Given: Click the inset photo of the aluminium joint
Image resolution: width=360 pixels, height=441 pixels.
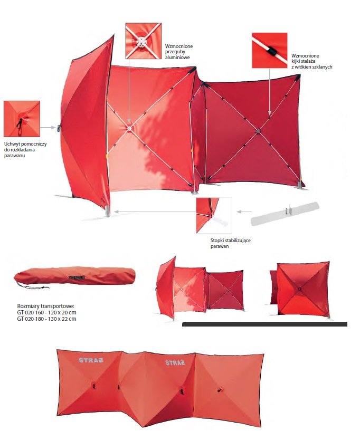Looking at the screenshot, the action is pyautogui.click(x=144, y=41).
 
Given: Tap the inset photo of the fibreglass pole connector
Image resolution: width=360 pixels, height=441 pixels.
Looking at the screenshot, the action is pyautogui.click(x=270, y=50).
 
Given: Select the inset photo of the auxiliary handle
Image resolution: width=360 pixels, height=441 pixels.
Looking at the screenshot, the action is pyautogui.click(x=22, y=119).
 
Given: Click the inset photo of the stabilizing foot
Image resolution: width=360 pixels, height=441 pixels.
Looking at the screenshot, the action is pyautogui.click(x=214, y=215).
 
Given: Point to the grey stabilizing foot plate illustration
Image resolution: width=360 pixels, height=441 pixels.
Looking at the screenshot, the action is pyautogui.click(x=285, y=214).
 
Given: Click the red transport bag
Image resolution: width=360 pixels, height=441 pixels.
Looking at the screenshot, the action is pyautogui.click(x=74, y=275).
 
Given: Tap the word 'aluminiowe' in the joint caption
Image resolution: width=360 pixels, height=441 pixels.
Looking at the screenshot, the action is pyautogui.click(x=177, y=57).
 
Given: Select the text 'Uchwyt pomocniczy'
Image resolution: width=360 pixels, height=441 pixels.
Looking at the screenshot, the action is pyautogui.click(x=25, y=144).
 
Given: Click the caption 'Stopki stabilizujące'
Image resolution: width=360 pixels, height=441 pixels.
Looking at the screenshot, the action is pyautogui.click(x=231, y=241).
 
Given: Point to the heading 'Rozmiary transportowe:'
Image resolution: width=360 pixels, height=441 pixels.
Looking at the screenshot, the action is pyautogui.click(x=45, y=306).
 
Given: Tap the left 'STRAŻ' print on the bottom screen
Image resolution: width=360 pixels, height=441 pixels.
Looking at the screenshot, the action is pyautogui.click(x=91, y=360).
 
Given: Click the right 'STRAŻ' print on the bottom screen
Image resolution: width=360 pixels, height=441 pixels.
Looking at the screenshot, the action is pyautogui.click(x=175, y=363).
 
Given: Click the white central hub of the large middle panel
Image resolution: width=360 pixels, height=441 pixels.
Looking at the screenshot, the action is pyautogui.click(x=129, y=129).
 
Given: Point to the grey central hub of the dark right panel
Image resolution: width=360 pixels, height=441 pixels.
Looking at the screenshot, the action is pyautogui.click(x=259, y=131).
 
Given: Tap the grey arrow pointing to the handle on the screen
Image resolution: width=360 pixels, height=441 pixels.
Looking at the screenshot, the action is pyautogui.click(x=48, y=128).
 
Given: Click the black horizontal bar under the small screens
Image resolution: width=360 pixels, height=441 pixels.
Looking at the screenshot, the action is pyautogui.click(x=264, y=324).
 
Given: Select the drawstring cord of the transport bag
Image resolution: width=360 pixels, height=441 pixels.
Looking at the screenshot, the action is pyautogui.click(x=32, y=285).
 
